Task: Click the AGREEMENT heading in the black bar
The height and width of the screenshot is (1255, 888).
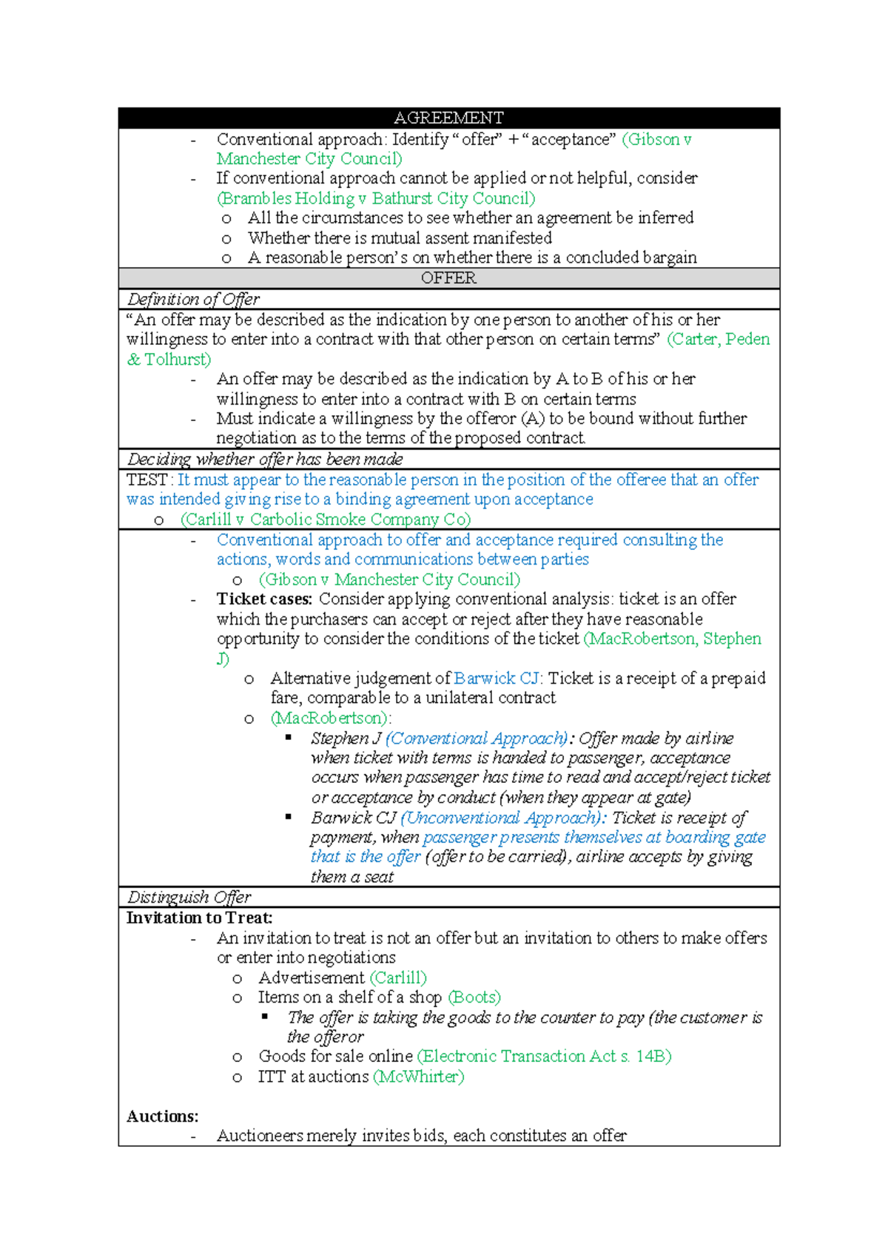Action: point(448,118)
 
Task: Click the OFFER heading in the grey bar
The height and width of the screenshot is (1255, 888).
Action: point(448,278)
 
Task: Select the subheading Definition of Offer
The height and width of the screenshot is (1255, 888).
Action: point(193,299)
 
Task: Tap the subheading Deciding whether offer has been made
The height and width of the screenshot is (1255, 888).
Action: point(265,460)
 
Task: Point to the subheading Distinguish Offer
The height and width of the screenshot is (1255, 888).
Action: point(189,898)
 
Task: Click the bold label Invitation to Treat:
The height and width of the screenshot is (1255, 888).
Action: point(199,918)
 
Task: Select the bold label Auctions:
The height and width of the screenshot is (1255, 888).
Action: point(162,1117)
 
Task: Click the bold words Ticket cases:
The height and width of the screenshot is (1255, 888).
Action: point(264,599)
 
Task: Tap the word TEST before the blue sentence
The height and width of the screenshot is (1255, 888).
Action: point(147,480)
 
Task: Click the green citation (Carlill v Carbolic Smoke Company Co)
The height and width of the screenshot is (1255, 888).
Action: point(326,519)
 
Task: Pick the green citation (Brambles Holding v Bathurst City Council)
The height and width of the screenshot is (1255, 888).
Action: point(376,198)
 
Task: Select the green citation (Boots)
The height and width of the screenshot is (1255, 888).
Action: point(474,997)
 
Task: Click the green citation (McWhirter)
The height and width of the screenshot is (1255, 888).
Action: point(419,1077)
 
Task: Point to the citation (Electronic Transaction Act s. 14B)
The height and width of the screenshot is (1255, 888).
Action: point(544,1057)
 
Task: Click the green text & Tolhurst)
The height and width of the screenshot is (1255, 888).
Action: point(169,360)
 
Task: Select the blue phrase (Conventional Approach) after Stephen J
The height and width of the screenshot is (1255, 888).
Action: point(477,738)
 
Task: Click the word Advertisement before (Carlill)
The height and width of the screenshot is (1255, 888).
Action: point(312,978)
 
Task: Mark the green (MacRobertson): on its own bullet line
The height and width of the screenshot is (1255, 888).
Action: point(331,719)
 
